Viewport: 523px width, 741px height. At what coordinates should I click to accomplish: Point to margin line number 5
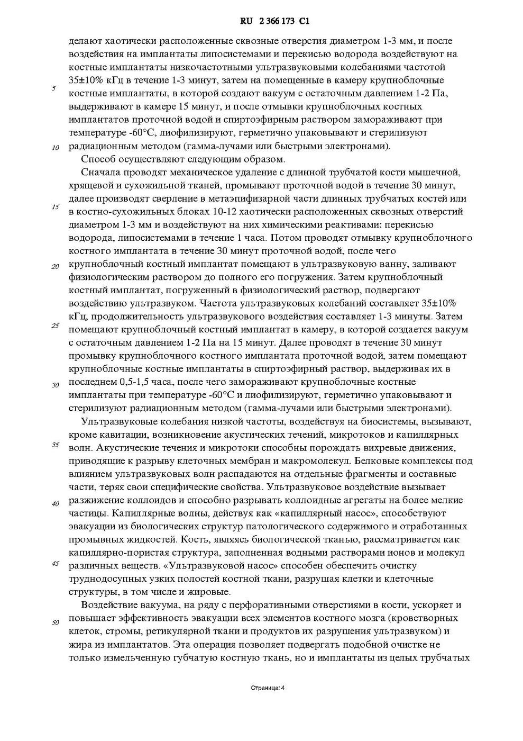click(x=54, y=88)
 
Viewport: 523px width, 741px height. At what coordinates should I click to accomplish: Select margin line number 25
click(x=55, y=326)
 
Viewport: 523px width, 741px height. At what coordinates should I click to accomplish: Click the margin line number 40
click(x=55, y=504)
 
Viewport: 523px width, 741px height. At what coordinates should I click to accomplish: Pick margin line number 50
click(x=55, y=622)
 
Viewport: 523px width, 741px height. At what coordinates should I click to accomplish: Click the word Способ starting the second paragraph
click(x=98, y=159)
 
